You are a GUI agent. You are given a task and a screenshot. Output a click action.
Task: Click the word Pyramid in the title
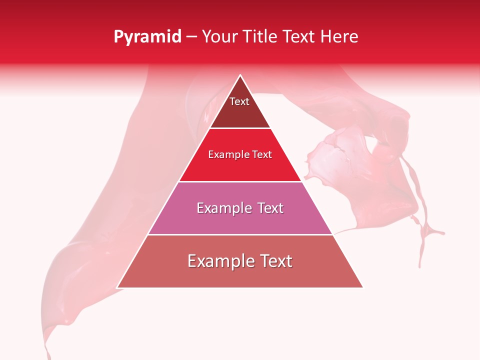coord(147,37)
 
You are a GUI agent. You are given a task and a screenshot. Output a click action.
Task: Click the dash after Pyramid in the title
coord(191,37)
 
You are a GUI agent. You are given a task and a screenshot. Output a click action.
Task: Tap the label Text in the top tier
coord(239,101)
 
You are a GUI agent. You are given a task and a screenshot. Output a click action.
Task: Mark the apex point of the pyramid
coord(240,75)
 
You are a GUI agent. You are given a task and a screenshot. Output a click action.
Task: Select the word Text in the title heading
coord(299,37)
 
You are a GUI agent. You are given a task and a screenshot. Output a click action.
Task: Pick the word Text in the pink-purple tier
coord(270,208)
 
